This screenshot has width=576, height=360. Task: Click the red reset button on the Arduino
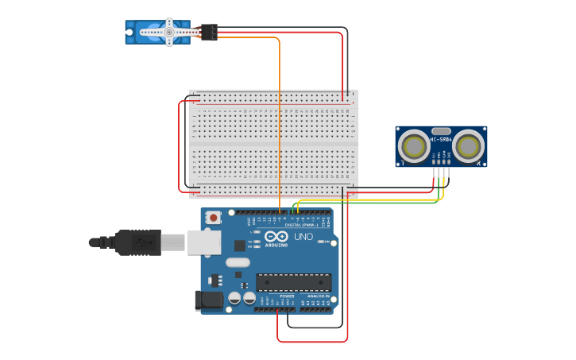click(x=214, y=216)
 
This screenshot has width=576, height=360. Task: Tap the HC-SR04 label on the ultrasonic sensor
click(x=441, y=140)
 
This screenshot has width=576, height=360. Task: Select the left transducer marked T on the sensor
click(x=413, y=145)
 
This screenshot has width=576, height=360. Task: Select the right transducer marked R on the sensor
click(x=469, y=145)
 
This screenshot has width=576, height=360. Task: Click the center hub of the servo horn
click(x=168, y=32)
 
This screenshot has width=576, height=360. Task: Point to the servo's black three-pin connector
click(x=209, y=32)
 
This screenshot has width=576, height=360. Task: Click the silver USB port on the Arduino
click(x=203, y=242)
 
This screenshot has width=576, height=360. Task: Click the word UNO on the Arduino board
click(x=303, y=237)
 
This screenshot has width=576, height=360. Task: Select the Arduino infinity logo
click(x=276, y=237)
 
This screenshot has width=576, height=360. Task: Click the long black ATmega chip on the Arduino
click(x=293, y=282)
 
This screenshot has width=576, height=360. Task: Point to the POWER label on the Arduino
click(x=287, y=296)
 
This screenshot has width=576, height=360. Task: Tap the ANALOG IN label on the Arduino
click(x=319, y=296)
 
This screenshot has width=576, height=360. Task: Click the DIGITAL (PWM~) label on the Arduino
click(x=301, y=225)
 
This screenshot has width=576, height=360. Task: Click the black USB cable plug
click(x=138, y=242)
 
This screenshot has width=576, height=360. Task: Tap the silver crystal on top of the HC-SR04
click(x=441, y=130)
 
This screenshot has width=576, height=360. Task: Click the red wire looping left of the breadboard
click(x=179, y=147)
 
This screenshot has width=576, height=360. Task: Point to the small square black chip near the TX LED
click(x=239, y=246)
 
